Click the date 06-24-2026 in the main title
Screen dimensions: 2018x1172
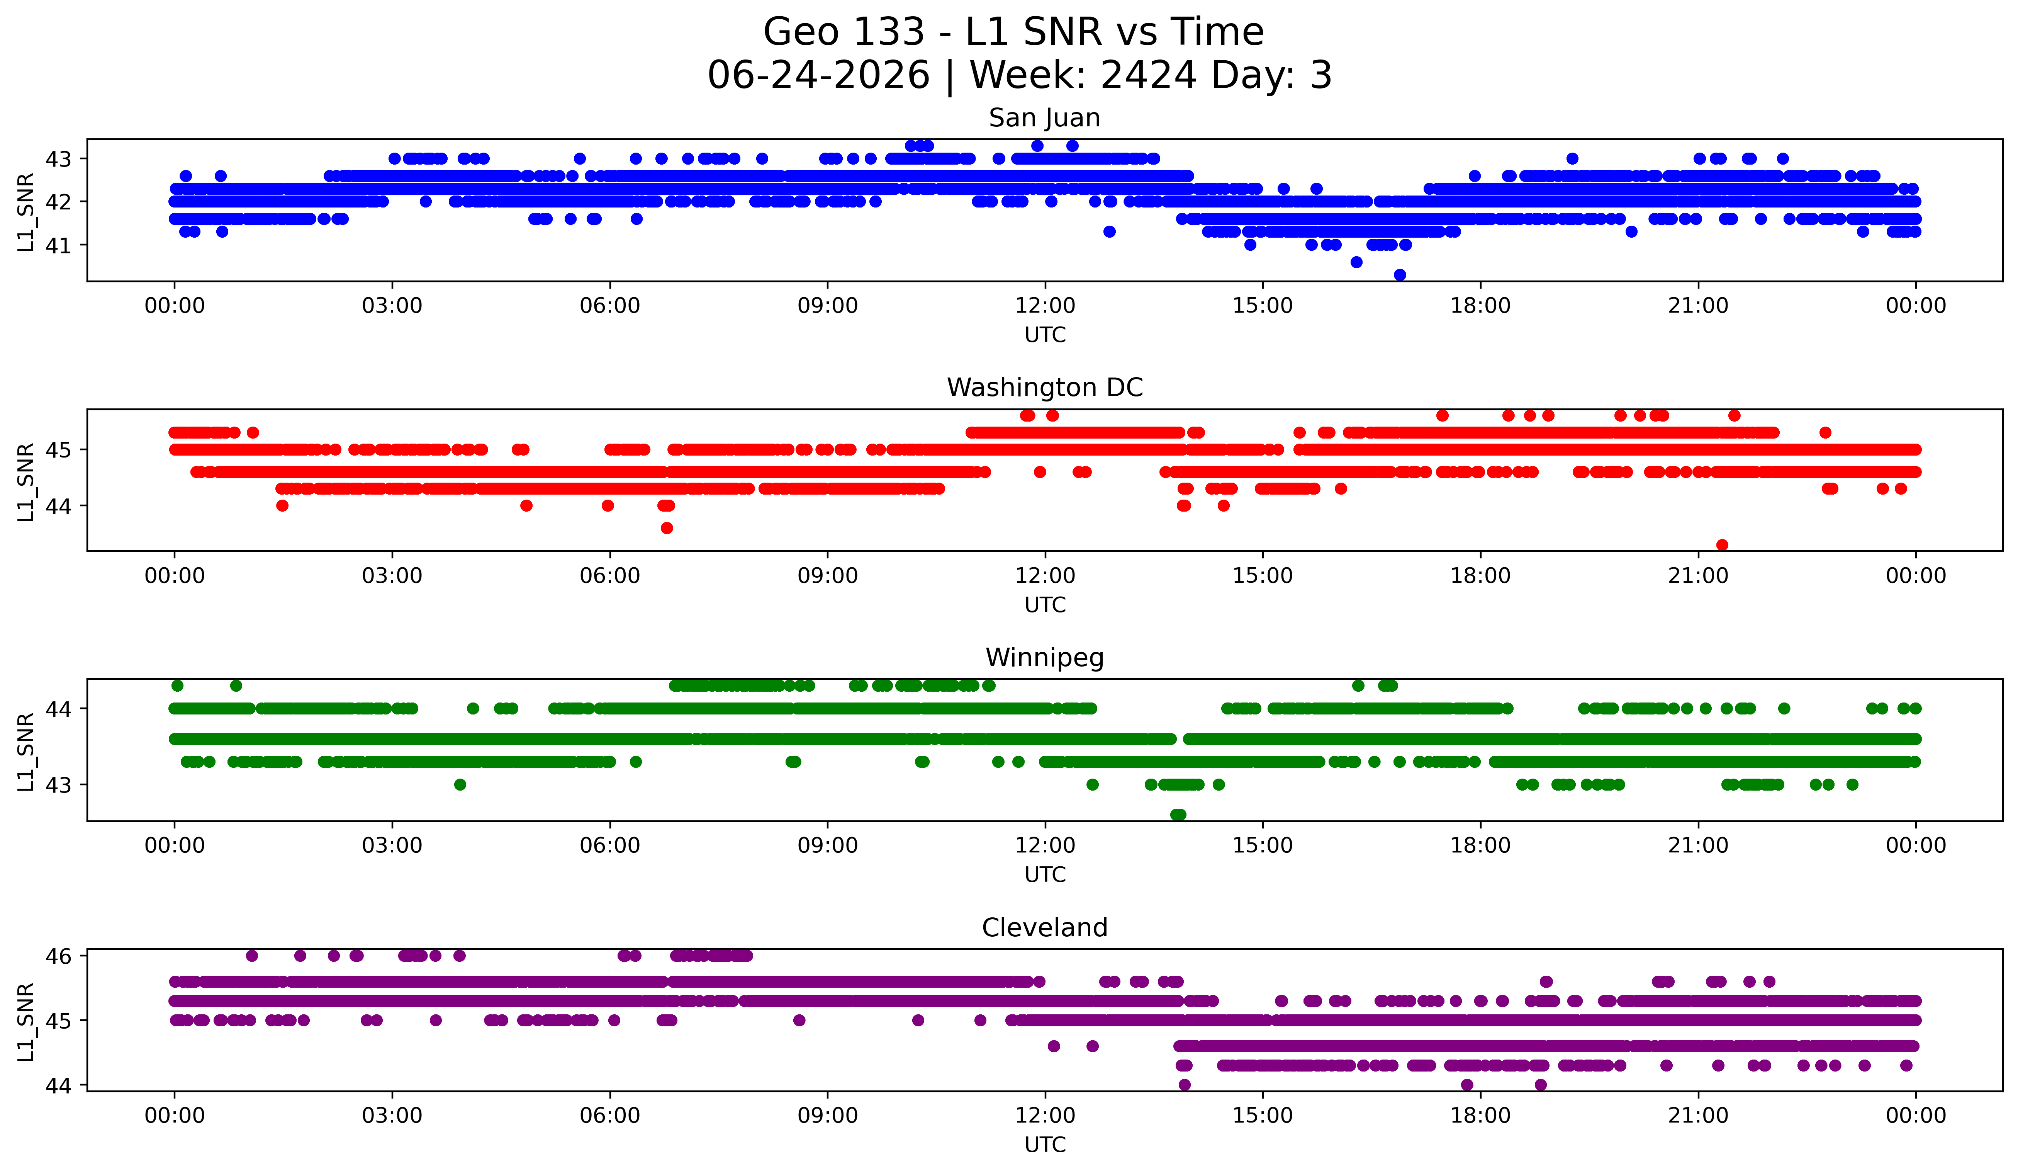coord(818,75)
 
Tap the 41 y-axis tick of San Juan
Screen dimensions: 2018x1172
coord(58,245)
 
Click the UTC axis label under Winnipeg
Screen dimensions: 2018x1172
coord(1045,875)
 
